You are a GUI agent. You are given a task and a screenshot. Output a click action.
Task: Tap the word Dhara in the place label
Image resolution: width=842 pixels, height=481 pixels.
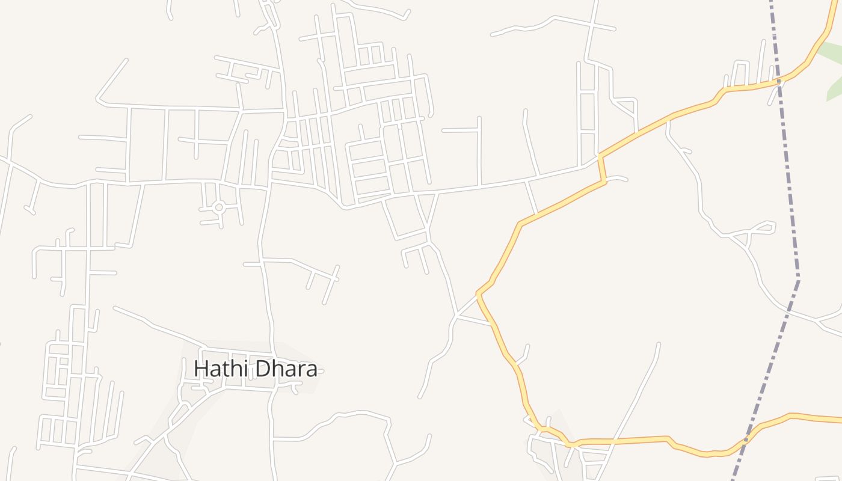[285, 369]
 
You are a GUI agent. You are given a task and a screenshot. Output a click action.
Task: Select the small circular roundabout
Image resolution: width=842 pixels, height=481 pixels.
[219, 207]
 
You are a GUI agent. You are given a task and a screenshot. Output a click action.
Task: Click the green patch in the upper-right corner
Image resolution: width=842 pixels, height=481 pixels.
[832, 72]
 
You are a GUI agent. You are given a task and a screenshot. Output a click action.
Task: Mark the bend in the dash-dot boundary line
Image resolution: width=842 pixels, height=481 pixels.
[798, 278]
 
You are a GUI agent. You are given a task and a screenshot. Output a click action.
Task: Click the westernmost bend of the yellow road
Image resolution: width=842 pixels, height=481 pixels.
[478, 294]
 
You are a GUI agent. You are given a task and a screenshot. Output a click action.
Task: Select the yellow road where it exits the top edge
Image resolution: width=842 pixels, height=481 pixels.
[837, 2]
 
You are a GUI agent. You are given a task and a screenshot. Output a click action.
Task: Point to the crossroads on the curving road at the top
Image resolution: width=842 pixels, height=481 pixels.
[593, 25]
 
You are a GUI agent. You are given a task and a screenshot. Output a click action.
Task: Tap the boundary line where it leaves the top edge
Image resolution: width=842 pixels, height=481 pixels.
[772, 2]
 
